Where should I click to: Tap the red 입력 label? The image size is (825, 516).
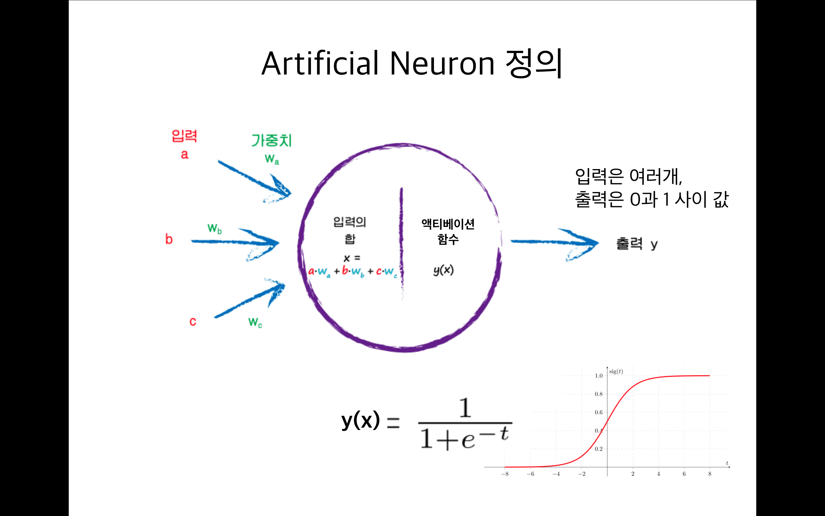tap(184, 136)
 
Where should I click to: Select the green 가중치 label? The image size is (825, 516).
tap(271, 140)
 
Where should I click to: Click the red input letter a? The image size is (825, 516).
tap(184, 155)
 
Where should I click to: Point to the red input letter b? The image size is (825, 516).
tap(169, 239)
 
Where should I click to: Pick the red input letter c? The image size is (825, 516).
tap(192, 321)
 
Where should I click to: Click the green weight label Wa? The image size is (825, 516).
tap(272, 159)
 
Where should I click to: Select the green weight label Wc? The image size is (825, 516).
tap(255, 322)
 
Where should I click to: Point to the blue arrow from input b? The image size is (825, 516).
tap(235, 242)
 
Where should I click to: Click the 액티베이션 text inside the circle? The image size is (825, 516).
tap(448, 224)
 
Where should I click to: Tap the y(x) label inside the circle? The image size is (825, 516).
tap(443, 270)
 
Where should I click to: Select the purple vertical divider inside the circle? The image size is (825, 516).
tap(401, 239)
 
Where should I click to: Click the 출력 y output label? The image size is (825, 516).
tap(637, 244)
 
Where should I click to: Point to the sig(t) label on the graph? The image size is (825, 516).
tap(616, 371)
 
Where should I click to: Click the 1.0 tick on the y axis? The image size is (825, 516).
tap(599, 376)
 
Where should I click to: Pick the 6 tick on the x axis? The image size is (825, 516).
tap(684, 474)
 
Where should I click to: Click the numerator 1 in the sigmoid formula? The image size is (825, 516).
tap(465, 408)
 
